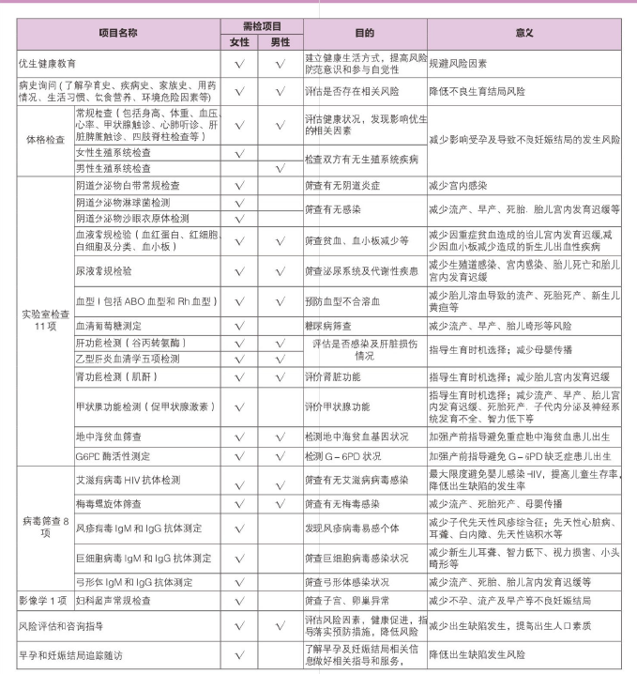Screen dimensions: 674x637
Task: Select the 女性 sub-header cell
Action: pos(239,41)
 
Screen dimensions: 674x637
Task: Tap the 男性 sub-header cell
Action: pos(280,41)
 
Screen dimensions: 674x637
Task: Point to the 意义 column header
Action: pos(523,31)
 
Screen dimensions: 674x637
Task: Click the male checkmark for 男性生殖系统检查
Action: pos(280,168)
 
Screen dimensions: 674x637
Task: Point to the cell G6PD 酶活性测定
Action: pos(113,456)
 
